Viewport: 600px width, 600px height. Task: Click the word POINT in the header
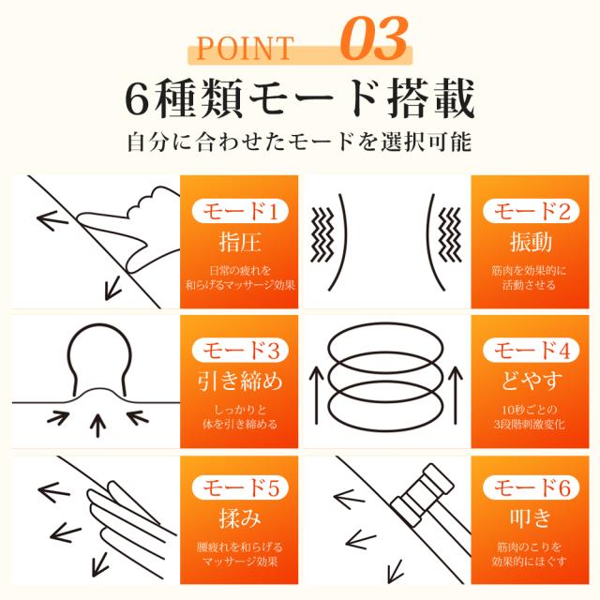245,49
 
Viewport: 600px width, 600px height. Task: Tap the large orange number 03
374,39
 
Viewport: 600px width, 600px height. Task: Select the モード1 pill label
240,211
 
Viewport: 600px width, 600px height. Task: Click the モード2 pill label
531,211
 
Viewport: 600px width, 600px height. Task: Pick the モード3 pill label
240,350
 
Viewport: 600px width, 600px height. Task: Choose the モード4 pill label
531,350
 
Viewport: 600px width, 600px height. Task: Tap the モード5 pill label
240,487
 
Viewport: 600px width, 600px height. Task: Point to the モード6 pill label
531,487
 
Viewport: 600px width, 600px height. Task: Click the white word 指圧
240,243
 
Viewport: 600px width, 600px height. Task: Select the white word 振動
531,243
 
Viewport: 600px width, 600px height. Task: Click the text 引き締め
240,382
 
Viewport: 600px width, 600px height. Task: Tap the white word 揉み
240,518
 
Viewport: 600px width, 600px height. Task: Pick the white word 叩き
531,518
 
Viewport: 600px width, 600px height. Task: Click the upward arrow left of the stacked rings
317,395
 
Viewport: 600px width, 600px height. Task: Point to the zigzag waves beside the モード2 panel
450,234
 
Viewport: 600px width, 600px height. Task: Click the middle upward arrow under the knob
98,425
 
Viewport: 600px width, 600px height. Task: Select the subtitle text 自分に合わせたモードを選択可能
299,142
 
